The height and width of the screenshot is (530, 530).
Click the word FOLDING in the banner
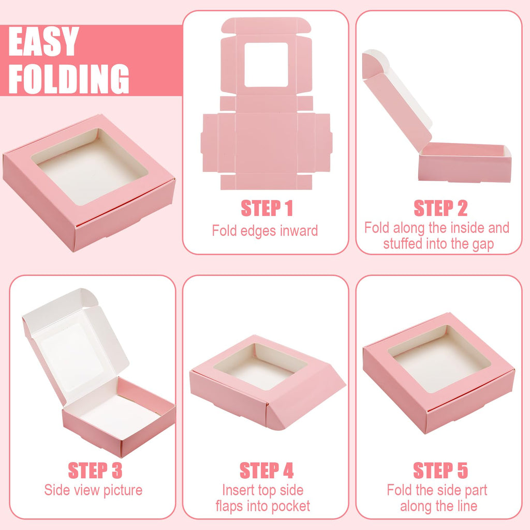tap(68, 79)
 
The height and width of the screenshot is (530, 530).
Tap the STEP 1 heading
tap(267, 208)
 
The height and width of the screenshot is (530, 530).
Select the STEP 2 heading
tap(440, 208)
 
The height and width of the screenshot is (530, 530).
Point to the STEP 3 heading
tap(95, 470)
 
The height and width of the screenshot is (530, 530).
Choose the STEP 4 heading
tap(267, 470)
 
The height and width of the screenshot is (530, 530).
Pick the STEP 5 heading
tap(440, 470)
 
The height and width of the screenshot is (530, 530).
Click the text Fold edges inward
tap(265, 231)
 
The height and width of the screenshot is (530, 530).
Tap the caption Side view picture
tap(93, 490)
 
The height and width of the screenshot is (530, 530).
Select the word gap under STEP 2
tap(482, 244)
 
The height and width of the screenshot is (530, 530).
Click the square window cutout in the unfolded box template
tap(266, 65)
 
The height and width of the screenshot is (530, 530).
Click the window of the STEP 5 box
tap(439, 357)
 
